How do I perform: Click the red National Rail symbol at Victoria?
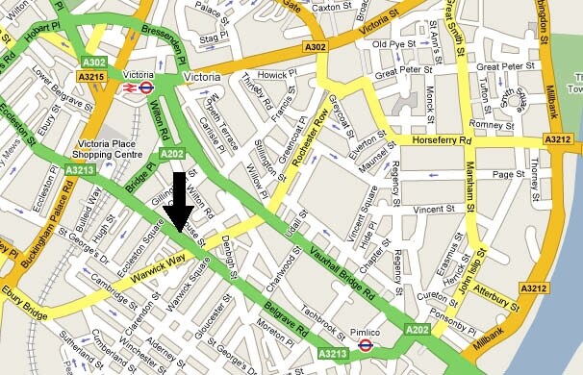[127, 87]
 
